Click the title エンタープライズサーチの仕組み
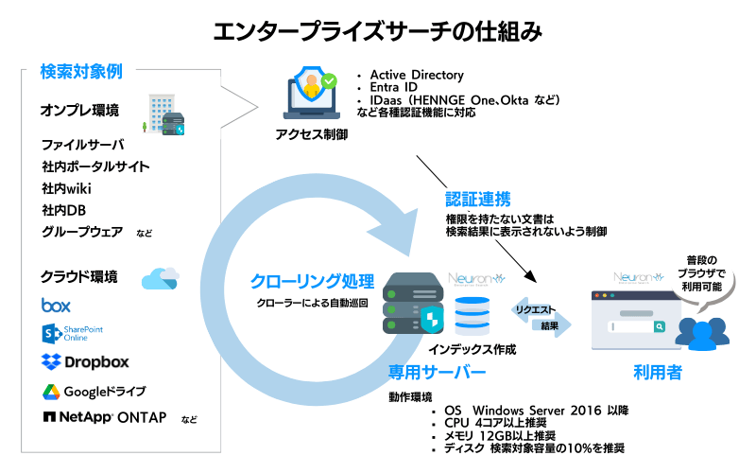378,31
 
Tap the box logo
56,306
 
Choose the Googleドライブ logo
93,391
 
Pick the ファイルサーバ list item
82,145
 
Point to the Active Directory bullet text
417,75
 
